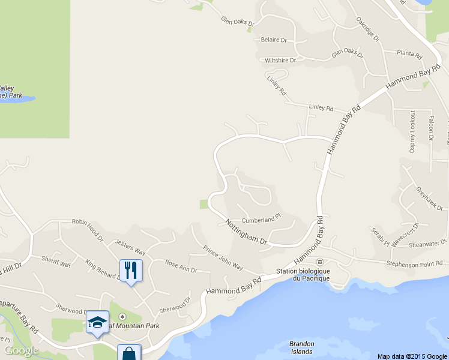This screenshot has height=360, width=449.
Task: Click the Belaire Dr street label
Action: pyautogui.click(x=274, y=40)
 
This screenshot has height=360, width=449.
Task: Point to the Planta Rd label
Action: pyautogui.click(x=409, y=53)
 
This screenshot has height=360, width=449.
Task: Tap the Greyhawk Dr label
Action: pyautogui.click(x=429, y=199)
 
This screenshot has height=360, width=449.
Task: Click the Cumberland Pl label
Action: pyautogui.click(x=261, y=220)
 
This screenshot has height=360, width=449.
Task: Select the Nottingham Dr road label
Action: pyautogui.click(x=246, y=232)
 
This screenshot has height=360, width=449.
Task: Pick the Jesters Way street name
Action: pyautogui.click(x=130, y=247)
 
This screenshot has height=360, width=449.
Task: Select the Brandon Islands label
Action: pyautogui.click(x=302, y=348)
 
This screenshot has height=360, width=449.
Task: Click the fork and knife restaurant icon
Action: pyautogui.click(x=131, y=271)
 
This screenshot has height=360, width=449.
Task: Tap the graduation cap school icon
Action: pyautogui.click(x=97, y=322)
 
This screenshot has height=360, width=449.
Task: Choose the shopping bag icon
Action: pyautogui.click(x=128, y=353)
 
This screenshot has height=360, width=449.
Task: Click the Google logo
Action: pyautogui.click(x=22, y=350)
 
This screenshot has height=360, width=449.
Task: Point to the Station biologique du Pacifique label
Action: pyautogui.click(x=304, y=274)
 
